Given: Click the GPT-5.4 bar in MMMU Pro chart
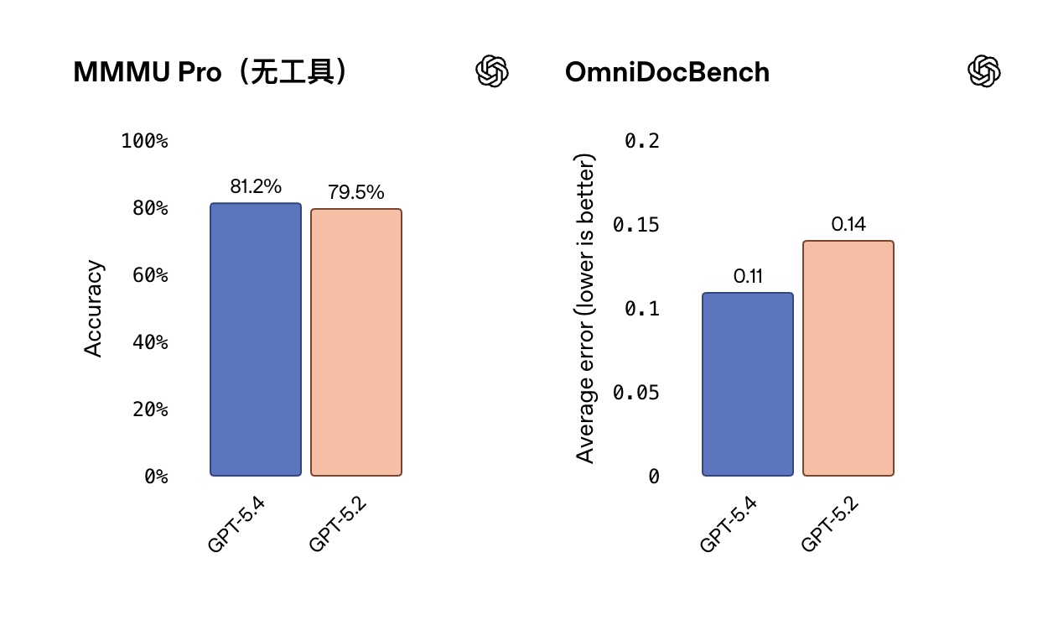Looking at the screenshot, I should click(256, 339).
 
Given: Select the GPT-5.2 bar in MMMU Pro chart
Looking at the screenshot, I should click(356, 342).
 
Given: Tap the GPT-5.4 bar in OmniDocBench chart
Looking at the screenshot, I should click(748, 384).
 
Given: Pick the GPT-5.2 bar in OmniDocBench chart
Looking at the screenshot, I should click(848, 358).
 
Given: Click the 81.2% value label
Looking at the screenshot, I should click(256, 187).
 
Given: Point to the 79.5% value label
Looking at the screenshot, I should click(356, 193).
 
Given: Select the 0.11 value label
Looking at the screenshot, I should click(748, 277).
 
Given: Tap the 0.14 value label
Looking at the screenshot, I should click(848, 225).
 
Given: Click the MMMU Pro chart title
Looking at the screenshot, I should click(210, 72).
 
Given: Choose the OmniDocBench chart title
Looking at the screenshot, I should click(667, 72).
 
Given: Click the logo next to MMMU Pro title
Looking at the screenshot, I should click(492, 71).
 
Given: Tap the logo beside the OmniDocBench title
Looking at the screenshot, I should click(984, 71).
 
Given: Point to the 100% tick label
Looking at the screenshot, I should click(144, 141).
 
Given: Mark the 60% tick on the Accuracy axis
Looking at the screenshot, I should click(150, 275).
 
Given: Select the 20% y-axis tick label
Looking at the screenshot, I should click(150, 409).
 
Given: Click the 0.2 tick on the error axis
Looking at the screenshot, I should click(642, 141).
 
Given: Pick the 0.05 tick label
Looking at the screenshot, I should click(636, 393).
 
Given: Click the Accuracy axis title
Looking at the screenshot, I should click(94, 309).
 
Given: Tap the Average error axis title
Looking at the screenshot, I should click(585, 309).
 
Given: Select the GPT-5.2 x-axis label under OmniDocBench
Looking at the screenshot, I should click(831, 524).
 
